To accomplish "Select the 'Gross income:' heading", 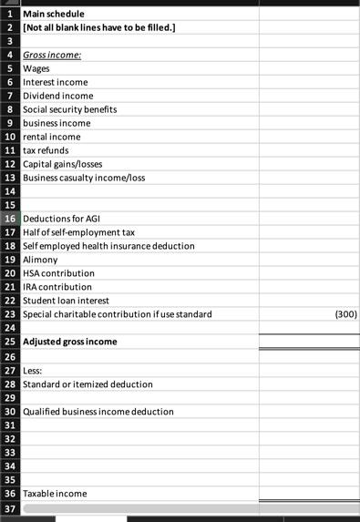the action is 52,55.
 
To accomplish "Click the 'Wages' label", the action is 37,68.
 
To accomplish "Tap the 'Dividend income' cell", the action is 57,96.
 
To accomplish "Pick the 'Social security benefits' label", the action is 69,109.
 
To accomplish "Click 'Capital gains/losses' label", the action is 63,164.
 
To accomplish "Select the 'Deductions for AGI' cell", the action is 61,219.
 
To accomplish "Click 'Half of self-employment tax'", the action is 78,232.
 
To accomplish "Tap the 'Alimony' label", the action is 40,260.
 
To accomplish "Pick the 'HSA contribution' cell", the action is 58,273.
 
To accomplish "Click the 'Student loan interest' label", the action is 66,301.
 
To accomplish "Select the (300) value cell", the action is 345,314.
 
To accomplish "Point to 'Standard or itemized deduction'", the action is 87,384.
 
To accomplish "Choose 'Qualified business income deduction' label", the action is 98,411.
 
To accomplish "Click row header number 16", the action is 10,219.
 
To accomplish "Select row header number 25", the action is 10,342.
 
